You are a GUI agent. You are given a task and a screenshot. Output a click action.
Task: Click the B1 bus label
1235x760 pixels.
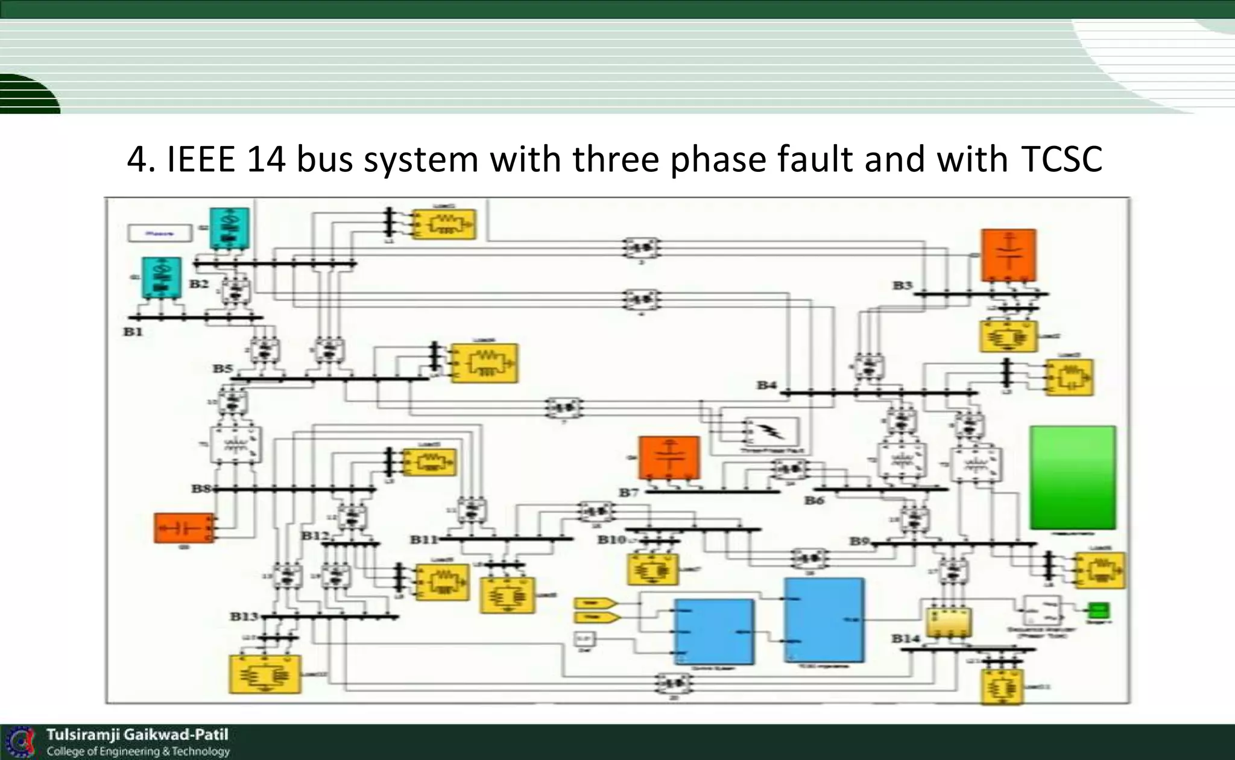click(133, 332)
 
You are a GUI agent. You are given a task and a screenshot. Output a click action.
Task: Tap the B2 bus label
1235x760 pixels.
click(199, 283)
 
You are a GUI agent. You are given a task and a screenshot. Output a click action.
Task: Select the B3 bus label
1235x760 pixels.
click(902, 285)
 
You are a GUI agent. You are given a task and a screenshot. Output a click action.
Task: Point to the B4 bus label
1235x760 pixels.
click(766, 385)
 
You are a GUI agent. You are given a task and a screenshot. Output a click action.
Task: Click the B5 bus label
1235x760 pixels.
click(222, 368)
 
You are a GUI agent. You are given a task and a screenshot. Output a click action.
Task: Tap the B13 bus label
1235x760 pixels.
click(244, 616)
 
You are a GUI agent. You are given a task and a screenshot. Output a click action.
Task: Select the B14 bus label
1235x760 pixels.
click(906, 638)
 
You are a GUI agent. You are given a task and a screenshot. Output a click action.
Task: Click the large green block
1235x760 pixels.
click(1072, 478)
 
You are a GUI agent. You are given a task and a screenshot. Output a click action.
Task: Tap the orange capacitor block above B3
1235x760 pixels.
click(1008, 255)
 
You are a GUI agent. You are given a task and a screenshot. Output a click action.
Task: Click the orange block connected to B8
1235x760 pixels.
click(183, 528)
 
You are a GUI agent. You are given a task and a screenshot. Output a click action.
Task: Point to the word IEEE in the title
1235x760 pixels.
click(200, 160)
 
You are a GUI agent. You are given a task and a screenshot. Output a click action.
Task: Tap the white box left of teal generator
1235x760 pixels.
click(160, 233)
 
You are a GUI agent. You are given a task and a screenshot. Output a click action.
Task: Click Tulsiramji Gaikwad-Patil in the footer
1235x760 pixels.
click(137, 735)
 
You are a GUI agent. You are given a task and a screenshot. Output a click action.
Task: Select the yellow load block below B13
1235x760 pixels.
click(265, 674)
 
